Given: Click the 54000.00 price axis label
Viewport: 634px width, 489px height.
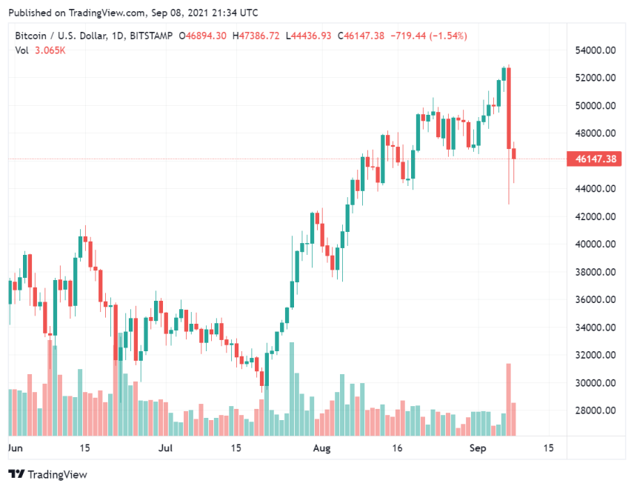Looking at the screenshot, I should click(595, 50).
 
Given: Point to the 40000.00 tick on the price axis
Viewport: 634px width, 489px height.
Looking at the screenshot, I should click(595, 245).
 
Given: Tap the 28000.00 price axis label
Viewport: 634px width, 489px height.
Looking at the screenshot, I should click(595, 410).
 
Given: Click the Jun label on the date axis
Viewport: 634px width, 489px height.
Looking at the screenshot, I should click(15, 448).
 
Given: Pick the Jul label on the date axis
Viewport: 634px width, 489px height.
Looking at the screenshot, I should click(166, 448).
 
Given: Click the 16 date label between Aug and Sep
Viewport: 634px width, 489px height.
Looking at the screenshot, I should click(397, 448).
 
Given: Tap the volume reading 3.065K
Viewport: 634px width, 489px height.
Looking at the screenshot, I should click(50, 50).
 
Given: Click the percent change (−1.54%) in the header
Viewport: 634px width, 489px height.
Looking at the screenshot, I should click(445, 36).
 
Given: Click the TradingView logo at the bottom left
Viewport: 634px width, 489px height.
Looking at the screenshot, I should click(47, 474).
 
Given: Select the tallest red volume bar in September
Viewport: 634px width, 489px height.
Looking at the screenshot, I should click(509, 399).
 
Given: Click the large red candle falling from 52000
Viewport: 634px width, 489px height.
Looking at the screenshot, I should click(509, 108).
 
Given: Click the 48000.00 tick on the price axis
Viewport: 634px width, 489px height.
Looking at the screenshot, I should click(595, 133).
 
